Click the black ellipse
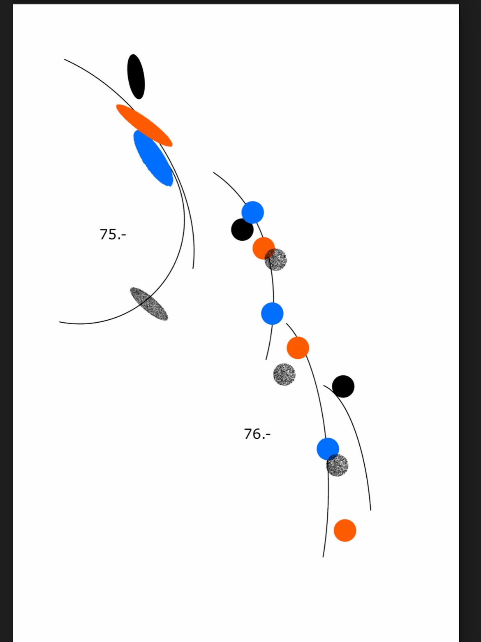(x=136, y=77)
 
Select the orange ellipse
(x=144, y=126)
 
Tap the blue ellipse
(x=153, y=158)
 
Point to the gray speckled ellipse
(x=149, y=304)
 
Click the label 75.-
(x=113, y=234)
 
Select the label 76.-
(x=257, y=434)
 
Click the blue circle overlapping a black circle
(x=252, y=212)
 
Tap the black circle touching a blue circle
(x=242, y=230)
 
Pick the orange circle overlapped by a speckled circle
(x=264, y=248)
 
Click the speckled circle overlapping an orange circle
(x=276, y=260)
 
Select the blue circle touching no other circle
(x=272, y=314)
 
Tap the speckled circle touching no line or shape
(x=284, y=374)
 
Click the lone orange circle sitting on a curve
(x=298, y=348)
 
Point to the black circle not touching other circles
(x=343, y=386)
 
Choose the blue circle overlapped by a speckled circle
(x=328, y=449)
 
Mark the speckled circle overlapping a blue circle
(x=337, y=465)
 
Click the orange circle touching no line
(x=345, y=530)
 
